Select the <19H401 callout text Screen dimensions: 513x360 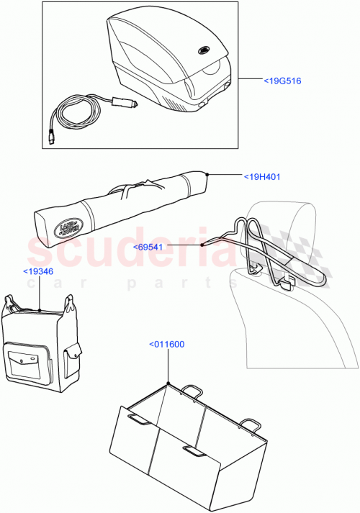pyautogui.click(x=264, y=176)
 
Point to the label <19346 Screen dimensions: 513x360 pyautogui.click(x=38, y=271)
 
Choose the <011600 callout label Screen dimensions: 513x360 pyautogui.click(x=167, y=344)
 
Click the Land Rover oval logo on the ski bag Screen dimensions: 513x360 pyautogui.click(x=67, y=229)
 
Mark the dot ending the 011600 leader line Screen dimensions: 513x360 pyautogui.click(x=168, y=383)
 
